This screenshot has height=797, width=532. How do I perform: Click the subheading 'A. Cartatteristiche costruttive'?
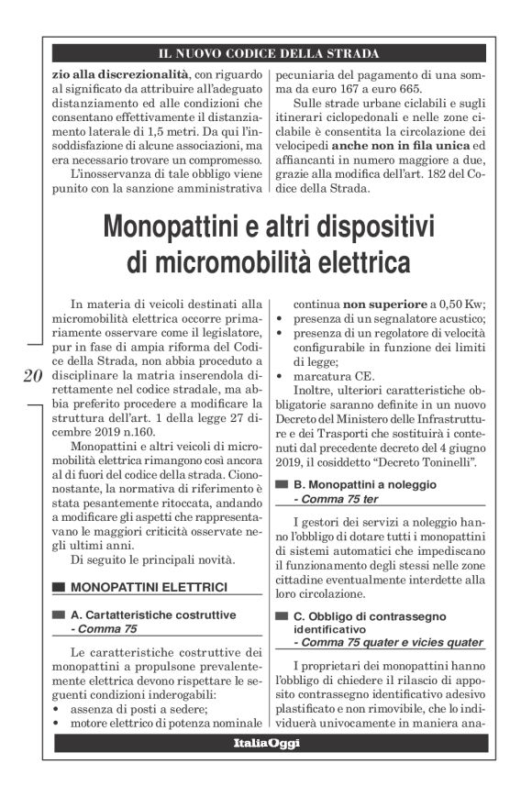coord(153,614)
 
